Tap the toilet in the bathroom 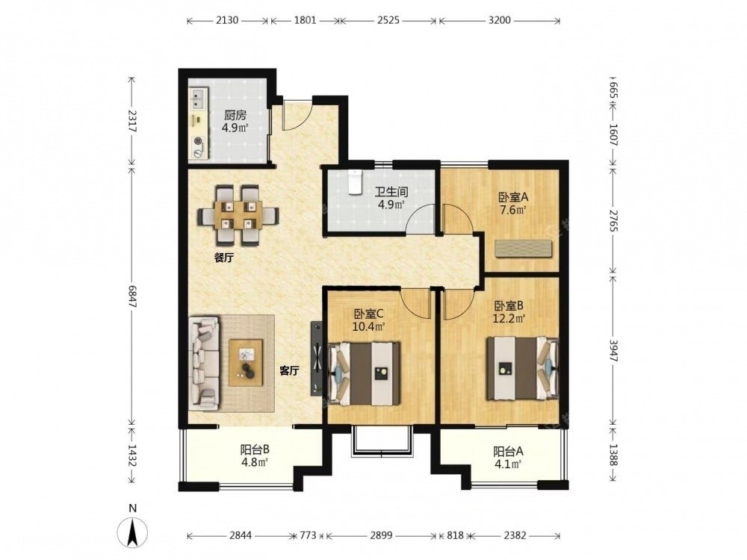coord(354,182)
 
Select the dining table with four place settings coord(238,215)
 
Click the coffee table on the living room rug coord(246,362)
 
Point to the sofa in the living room coord(205,364)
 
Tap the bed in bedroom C coord(364,373)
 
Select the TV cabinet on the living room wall coord(317,358)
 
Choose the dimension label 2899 coord(381,535)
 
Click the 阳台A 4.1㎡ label coord(508,457)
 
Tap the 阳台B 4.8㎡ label coord(255,455)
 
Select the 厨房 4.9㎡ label coord(235,121)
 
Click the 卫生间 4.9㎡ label coord(391,198)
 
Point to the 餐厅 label coord(223,258)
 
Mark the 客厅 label coord(288,370)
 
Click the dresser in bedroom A coord(523,249)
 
